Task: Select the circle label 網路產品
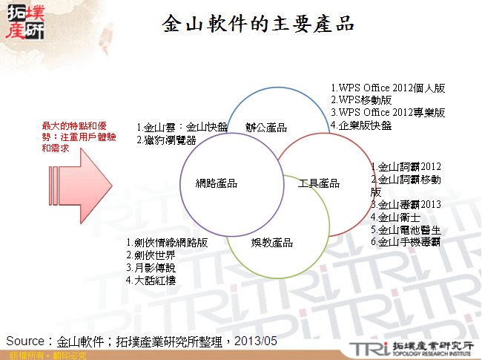tap(217, 183)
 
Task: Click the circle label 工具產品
tap(319, 183)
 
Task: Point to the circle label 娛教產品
tap(271, 243)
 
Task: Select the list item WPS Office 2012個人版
tap(388, 88)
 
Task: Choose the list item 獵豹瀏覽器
tap(169, 139)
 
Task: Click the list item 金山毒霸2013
tap(406, 204)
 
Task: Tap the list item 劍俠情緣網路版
tap(168, 243)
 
